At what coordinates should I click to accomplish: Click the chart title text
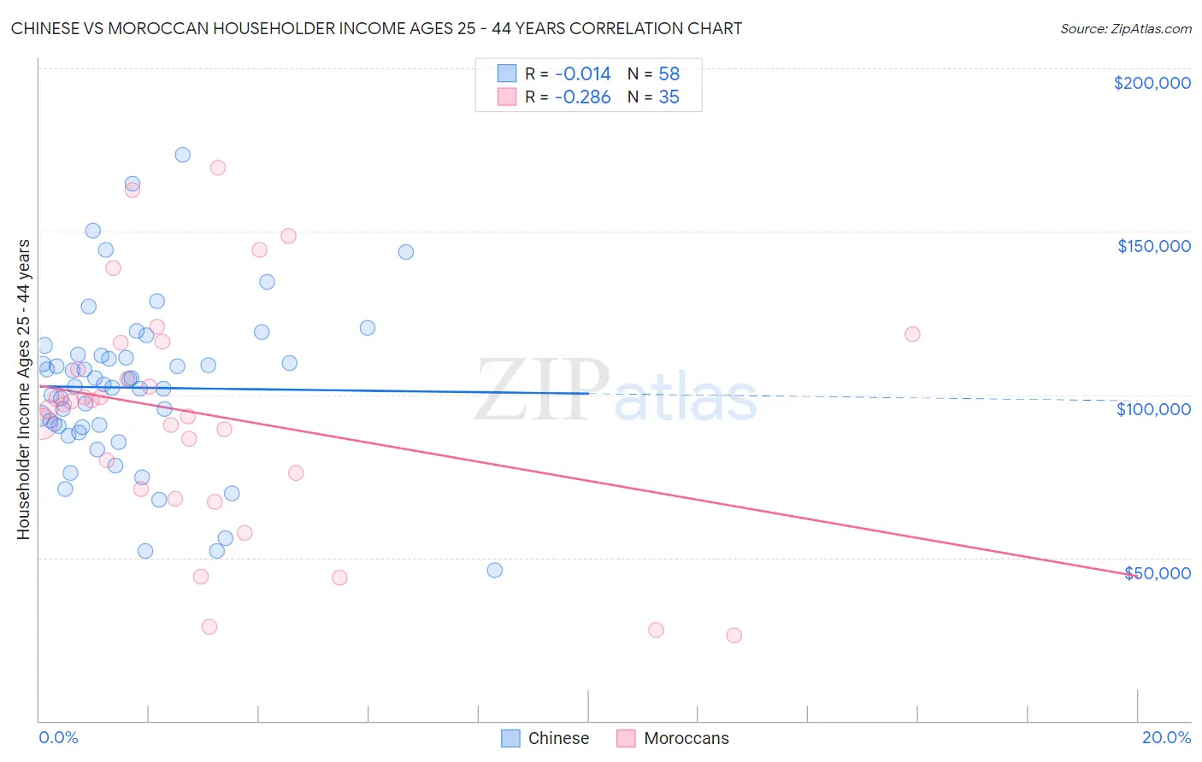pyautogui.click(x=376, y=28)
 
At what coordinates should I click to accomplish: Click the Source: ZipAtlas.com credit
pyautogui.click(x=1125, y=28)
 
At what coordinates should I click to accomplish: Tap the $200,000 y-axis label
pyautogui.click(x=1152, y=83)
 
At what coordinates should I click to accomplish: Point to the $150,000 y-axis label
pyautogui.click(x=1153, y=246)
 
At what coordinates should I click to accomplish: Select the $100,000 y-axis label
pyautogui.click(x=1153, y=409)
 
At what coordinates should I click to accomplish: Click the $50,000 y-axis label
pyautogui.click(x=1157, y=573)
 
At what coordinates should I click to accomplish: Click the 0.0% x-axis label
pyautogui.click(x=58, y=737)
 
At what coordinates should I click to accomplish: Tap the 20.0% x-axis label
pyautogui.click(x=1166, y=737)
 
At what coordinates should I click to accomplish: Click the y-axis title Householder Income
pyautogui.click(x=23, y=389)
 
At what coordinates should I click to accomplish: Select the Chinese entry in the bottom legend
pyautogui.click(x=557, y=738)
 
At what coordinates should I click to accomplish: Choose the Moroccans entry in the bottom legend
pyautogui.click(x=686, y=738)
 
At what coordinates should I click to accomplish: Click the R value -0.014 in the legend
pyautogui.click(x=582, y=74)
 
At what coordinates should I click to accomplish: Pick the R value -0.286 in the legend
pyautogui.click(x=582, y=97)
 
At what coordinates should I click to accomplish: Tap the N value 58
pyautogui.click(x=669, y=74)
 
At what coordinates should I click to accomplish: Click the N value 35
pyautogui.click(x=669, y=97)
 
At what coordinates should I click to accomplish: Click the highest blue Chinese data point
pyautogui.click(x=182, y=155)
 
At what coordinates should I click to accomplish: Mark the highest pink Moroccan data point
pyautogui.click(x=218, y=167)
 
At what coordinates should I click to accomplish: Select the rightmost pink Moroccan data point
pyautogui.click(x=912, y=334)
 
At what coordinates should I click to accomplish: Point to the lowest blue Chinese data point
pyautogui.click(x=494, y=570)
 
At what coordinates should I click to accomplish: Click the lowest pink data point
pyautogui.click(x=734, y=635)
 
